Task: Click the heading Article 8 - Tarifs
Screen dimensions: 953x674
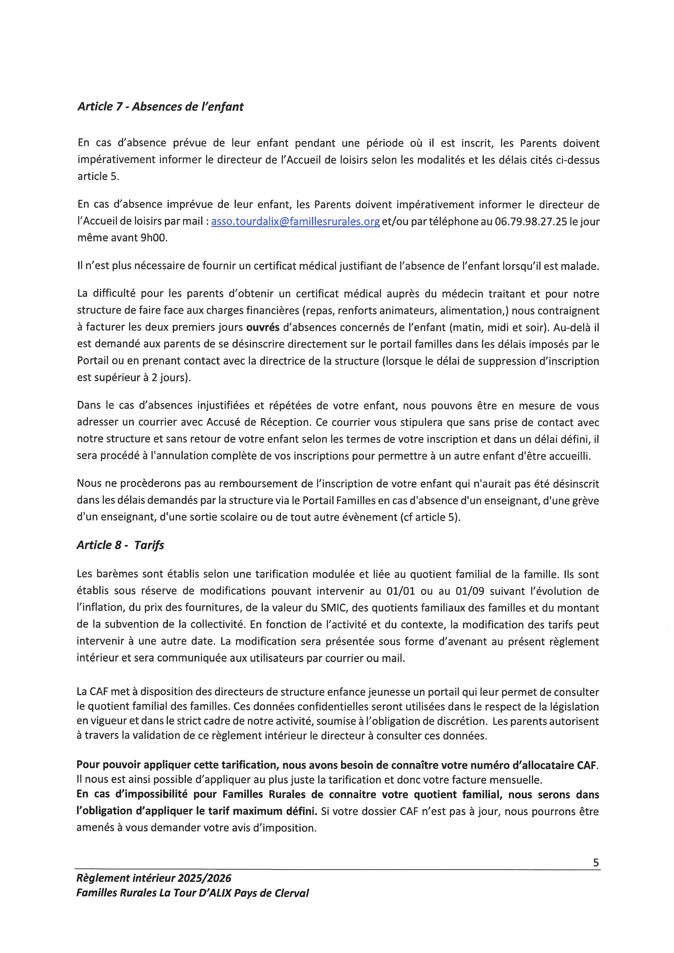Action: (120, 545)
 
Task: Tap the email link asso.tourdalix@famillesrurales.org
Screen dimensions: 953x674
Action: (295, 222)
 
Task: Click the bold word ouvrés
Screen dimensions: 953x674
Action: (263, 327)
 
